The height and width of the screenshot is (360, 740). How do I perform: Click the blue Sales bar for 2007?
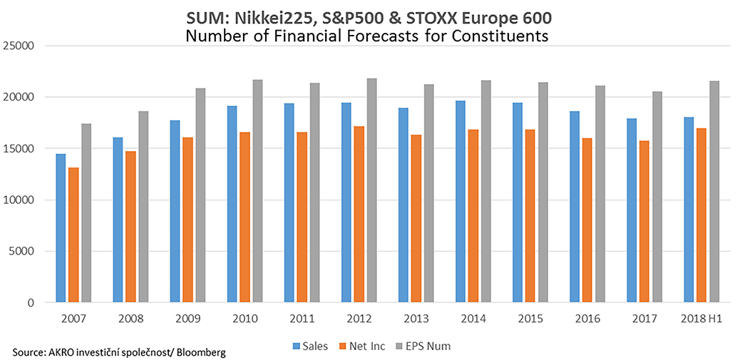click(61, 228)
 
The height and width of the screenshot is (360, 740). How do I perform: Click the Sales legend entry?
click(311, 346)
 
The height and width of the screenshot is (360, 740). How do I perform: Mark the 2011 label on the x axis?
click(302, 318)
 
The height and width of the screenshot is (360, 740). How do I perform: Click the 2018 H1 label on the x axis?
click(702, 318)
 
